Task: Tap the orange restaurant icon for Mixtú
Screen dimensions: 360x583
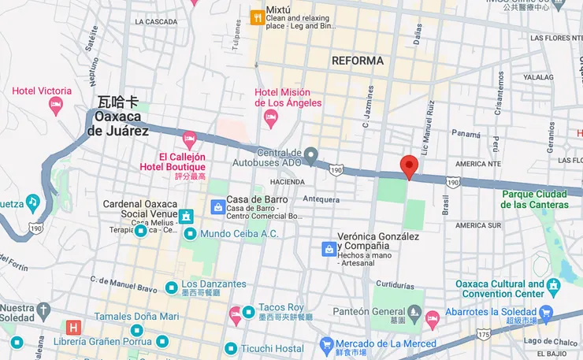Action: click(256, 17)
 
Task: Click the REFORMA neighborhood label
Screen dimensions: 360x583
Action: click(358, 61)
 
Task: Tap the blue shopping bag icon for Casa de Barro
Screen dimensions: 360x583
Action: click(217, 206)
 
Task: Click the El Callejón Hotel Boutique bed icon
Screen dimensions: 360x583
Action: click(189, 140)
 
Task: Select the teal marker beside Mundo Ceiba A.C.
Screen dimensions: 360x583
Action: click(190, 234)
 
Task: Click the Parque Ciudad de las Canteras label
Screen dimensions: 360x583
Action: click(535, 199)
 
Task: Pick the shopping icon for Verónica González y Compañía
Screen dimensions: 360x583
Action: click(328, 249)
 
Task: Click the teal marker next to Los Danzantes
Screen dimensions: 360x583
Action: click(171, 285)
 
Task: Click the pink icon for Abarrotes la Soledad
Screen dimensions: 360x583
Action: click(432, 318)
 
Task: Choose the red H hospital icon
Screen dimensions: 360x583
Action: click(74, 327)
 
